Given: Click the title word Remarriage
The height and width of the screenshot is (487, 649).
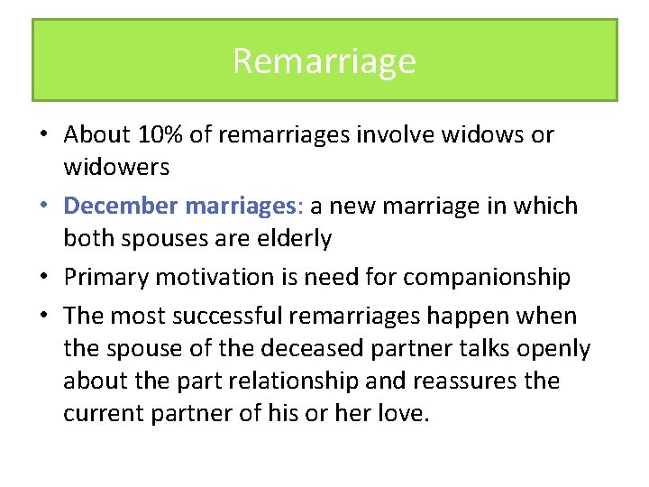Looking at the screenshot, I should (x=324, y=61).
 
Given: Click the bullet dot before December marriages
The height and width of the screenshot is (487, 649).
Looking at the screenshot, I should (x=42, y=207).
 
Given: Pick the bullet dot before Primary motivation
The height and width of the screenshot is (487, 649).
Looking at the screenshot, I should (x=42, y=277).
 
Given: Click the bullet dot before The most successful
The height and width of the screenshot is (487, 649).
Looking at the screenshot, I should (x=42, y=316).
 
